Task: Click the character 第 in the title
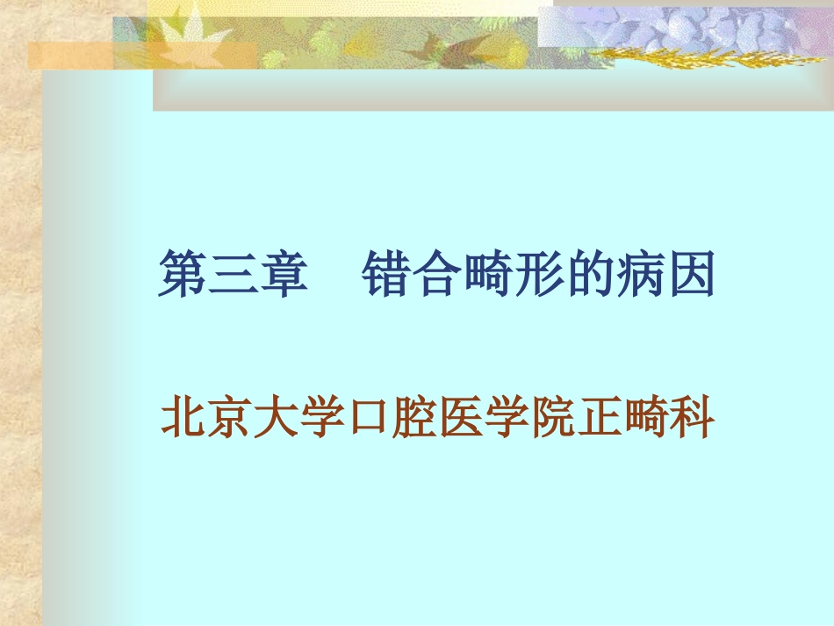[183, 275]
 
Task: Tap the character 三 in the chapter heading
[233, 275]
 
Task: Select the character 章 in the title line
[283, 275]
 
